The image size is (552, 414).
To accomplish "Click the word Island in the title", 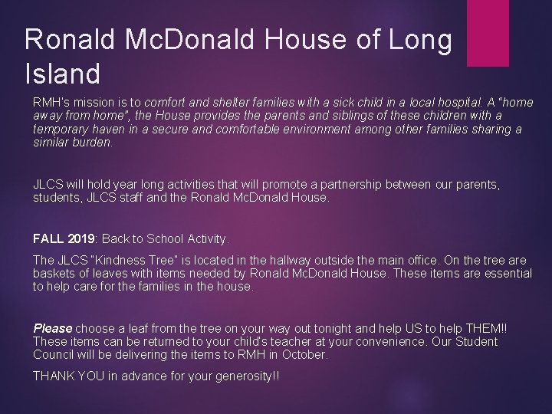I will pyautogui.click(x=63, y=74).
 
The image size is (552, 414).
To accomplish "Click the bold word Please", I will pyautogui.click(x=52, y=328).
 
